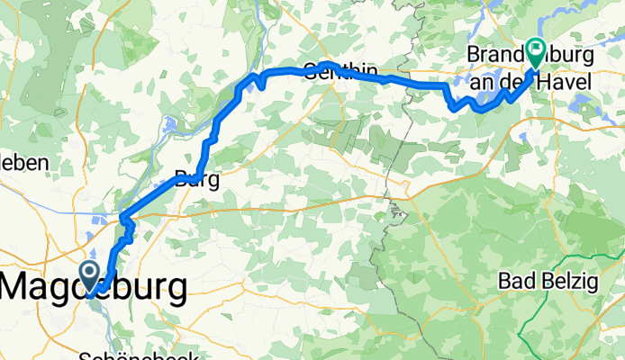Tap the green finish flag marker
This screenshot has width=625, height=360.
[x=537, y=50]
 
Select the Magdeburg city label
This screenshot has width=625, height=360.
[x=95, y=288]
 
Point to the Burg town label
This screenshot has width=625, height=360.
[x=196, y=178]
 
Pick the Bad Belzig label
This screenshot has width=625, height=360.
[x=548, y=282]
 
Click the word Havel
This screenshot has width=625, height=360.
[x=566, y=81]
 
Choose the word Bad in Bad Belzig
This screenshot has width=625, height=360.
[x=514, y=282]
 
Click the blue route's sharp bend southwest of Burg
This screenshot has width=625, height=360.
[x=123, y=218]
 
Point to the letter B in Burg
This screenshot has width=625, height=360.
[x=180, y=178]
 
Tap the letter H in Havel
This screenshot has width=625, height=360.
[x=548, y=81]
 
